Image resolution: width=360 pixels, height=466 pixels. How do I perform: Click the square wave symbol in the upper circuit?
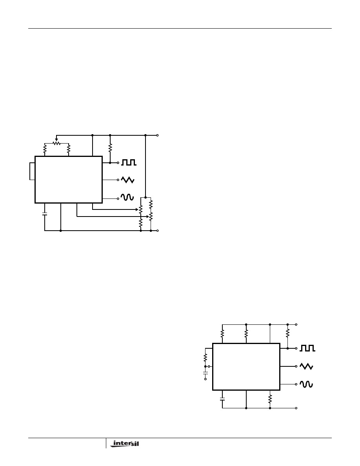tap(129, 162)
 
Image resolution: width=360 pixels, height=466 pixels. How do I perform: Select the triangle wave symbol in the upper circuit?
tap(127, 180)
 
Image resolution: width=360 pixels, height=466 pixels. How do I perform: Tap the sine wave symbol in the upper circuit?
tap(127, 197)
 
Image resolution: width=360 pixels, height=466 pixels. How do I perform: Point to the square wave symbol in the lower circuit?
tap(307, 348)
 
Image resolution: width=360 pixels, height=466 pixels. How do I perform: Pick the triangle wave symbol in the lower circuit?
tap(306, 366)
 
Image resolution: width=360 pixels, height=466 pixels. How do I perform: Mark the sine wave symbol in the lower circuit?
tap(306, 384)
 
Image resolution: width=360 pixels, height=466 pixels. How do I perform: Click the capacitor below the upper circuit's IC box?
tap(45, 214)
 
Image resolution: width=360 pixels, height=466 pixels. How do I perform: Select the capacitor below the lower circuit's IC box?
tap(222, 399)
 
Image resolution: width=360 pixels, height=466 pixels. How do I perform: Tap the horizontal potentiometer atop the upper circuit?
tap(56, 143)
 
